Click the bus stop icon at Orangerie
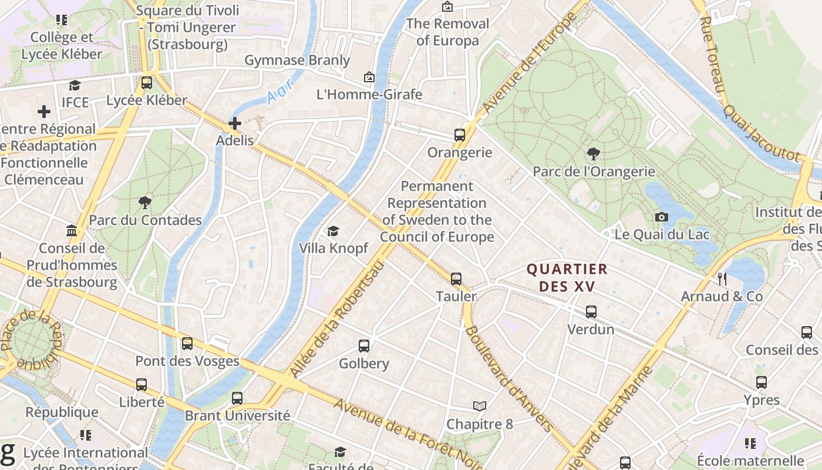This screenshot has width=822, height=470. (460, 135)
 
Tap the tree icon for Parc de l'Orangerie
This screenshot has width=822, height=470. (594, 155)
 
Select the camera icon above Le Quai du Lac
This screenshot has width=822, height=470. (662, 217)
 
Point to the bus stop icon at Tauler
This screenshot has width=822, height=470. (456, 279)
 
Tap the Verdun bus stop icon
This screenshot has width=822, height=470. (591, 312)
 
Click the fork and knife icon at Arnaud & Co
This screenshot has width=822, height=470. (722, 279)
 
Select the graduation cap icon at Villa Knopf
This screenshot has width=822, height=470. (333, 231)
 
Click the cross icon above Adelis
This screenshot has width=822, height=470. (235, 123)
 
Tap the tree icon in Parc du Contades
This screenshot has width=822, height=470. (145, 203)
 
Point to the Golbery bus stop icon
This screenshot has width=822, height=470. (364, 346)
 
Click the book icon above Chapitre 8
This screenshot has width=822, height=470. (480, 406)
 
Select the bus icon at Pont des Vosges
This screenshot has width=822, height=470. (187, 344)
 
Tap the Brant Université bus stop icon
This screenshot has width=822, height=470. (237, 398)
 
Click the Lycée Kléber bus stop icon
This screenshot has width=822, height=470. (147, 83)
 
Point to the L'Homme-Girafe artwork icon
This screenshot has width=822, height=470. (369, 77)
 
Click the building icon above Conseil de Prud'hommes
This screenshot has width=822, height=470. (72, 230)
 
